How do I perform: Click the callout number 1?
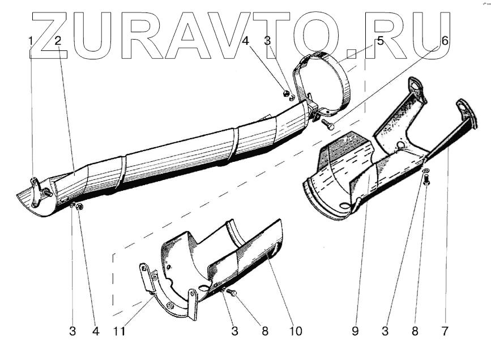(x=31, y=40)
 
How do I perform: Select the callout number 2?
(x=58, y=40)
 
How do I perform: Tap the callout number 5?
(x=380, y=40)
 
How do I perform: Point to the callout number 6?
(x=445, y=40)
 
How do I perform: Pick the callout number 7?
(x=446, y=332)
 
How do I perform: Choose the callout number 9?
(x=355, y=332)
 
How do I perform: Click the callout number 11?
(x=122, y=332)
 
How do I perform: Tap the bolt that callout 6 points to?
(x=328, y=123)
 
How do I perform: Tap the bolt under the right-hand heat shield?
(x=427, y=181)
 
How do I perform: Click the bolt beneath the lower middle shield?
(x=233, y=293)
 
